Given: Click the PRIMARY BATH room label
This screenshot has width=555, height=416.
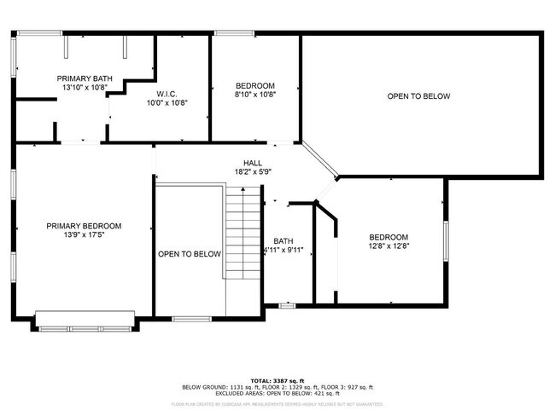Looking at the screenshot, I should pos(85,78).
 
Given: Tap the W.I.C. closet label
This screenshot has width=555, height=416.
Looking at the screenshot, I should pos(166,93).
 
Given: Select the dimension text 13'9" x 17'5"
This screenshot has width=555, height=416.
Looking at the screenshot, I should pos(84,236).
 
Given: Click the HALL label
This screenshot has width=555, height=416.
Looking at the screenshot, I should pos(254,162).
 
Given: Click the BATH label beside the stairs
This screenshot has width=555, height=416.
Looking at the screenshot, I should pos(283,241).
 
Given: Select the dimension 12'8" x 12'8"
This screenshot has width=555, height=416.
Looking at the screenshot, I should pos(388,247).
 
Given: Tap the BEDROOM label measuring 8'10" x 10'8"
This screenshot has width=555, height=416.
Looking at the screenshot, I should pos(255,85).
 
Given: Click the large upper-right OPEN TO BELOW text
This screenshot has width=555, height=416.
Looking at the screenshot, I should pos(418,96).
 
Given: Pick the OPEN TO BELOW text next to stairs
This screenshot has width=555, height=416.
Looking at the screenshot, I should pos(190,254).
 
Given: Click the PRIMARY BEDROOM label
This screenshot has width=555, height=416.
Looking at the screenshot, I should pos(84,226).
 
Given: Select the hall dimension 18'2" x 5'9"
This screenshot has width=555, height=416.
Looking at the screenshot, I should pos(254,171).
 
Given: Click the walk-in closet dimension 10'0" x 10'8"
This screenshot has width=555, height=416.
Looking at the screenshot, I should pos(166,102).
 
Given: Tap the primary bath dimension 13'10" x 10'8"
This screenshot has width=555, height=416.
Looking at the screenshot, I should pos(85,87).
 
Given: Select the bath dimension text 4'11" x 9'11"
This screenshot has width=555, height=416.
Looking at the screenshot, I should pos(283,251).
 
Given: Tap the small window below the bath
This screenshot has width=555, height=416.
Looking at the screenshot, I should pos(288,304).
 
